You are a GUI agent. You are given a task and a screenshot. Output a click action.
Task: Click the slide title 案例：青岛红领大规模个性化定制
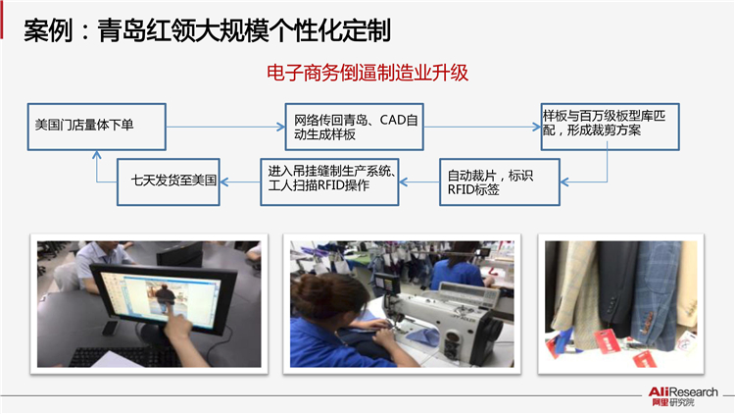point(207,31)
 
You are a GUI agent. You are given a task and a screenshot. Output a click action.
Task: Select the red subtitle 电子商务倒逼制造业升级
point(367,73)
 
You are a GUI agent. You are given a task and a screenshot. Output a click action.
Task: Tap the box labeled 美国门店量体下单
point(97,127)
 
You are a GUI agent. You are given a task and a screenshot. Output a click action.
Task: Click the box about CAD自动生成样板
point(355,127)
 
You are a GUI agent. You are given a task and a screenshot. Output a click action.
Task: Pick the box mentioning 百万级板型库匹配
point(611,127)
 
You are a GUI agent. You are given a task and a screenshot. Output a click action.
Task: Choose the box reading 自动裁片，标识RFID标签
point(500,182)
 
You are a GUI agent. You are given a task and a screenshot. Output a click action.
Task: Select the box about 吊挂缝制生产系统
point(329,182)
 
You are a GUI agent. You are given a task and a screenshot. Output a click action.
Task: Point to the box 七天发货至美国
point(169,182)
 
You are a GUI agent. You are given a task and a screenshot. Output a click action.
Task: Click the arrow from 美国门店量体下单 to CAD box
point(225,127)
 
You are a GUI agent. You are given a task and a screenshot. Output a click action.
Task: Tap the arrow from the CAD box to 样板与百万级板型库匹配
point(482,127)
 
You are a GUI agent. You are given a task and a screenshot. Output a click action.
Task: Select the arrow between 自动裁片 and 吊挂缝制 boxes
point(419,182)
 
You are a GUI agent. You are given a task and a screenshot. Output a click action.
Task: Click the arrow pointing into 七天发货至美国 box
point(240,182)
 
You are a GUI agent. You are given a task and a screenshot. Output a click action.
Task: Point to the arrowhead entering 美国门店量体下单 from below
point(97,155)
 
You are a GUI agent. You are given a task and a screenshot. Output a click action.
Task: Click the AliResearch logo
point(682,396)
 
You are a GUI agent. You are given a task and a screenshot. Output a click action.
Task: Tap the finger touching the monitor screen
point(174,314)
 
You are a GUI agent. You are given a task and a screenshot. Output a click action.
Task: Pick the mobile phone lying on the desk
point(111,328)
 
